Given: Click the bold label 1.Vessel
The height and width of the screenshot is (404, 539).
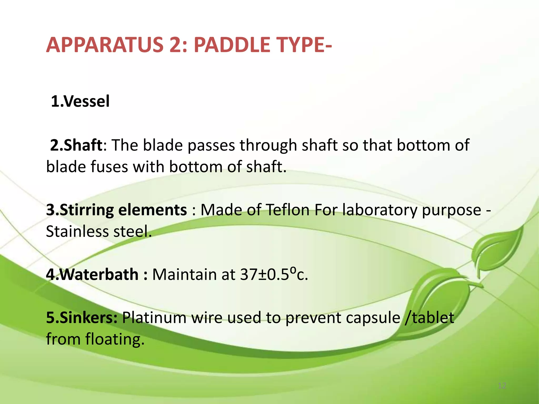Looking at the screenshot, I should tap(80, 101).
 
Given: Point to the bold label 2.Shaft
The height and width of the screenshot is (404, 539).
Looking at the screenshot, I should tap(76, 145).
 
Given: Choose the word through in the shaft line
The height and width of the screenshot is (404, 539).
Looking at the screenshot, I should tap(268, 145).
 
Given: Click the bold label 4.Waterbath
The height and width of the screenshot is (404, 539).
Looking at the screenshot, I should tap(92, 274).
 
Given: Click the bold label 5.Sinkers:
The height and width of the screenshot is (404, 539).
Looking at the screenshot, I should tap(82, 317).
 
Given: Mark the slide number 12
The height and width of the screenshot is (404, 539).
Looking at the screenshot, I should tap(502, 386).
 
